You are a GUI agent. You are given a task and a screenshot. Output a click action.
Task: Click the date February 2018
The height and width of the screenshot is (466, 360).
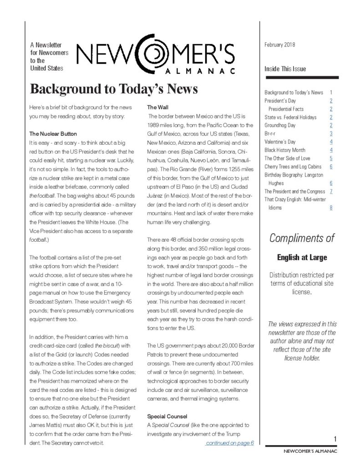279,45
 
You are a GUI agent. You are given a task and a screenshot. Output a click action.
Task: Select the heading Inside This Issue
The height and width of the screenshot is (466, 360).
285,69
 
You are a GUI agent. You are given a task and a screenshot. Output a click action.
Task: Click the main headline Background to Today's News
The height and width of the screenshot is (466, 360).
113,89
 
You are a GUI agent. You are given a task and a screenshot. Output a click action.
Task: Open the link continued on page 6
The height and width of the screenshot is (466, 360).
229,443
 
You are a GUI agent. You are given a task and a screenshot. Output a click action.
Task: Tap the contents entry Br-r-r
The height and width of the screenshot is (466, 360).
270,133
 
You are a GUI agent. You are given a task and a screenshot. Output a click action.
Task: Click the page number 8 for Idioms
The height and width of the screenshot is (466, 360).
331,208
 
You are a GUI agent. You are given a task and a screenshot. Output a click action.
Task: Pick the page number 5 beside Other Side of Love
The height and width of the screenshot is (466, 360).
331,158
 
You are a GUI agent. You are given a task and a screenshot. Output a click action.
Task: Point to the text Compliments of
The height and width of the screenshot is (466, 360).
302,238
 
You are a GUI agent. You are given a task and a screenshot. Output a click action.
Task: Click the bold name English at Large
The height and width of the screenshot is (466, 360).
302,258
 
